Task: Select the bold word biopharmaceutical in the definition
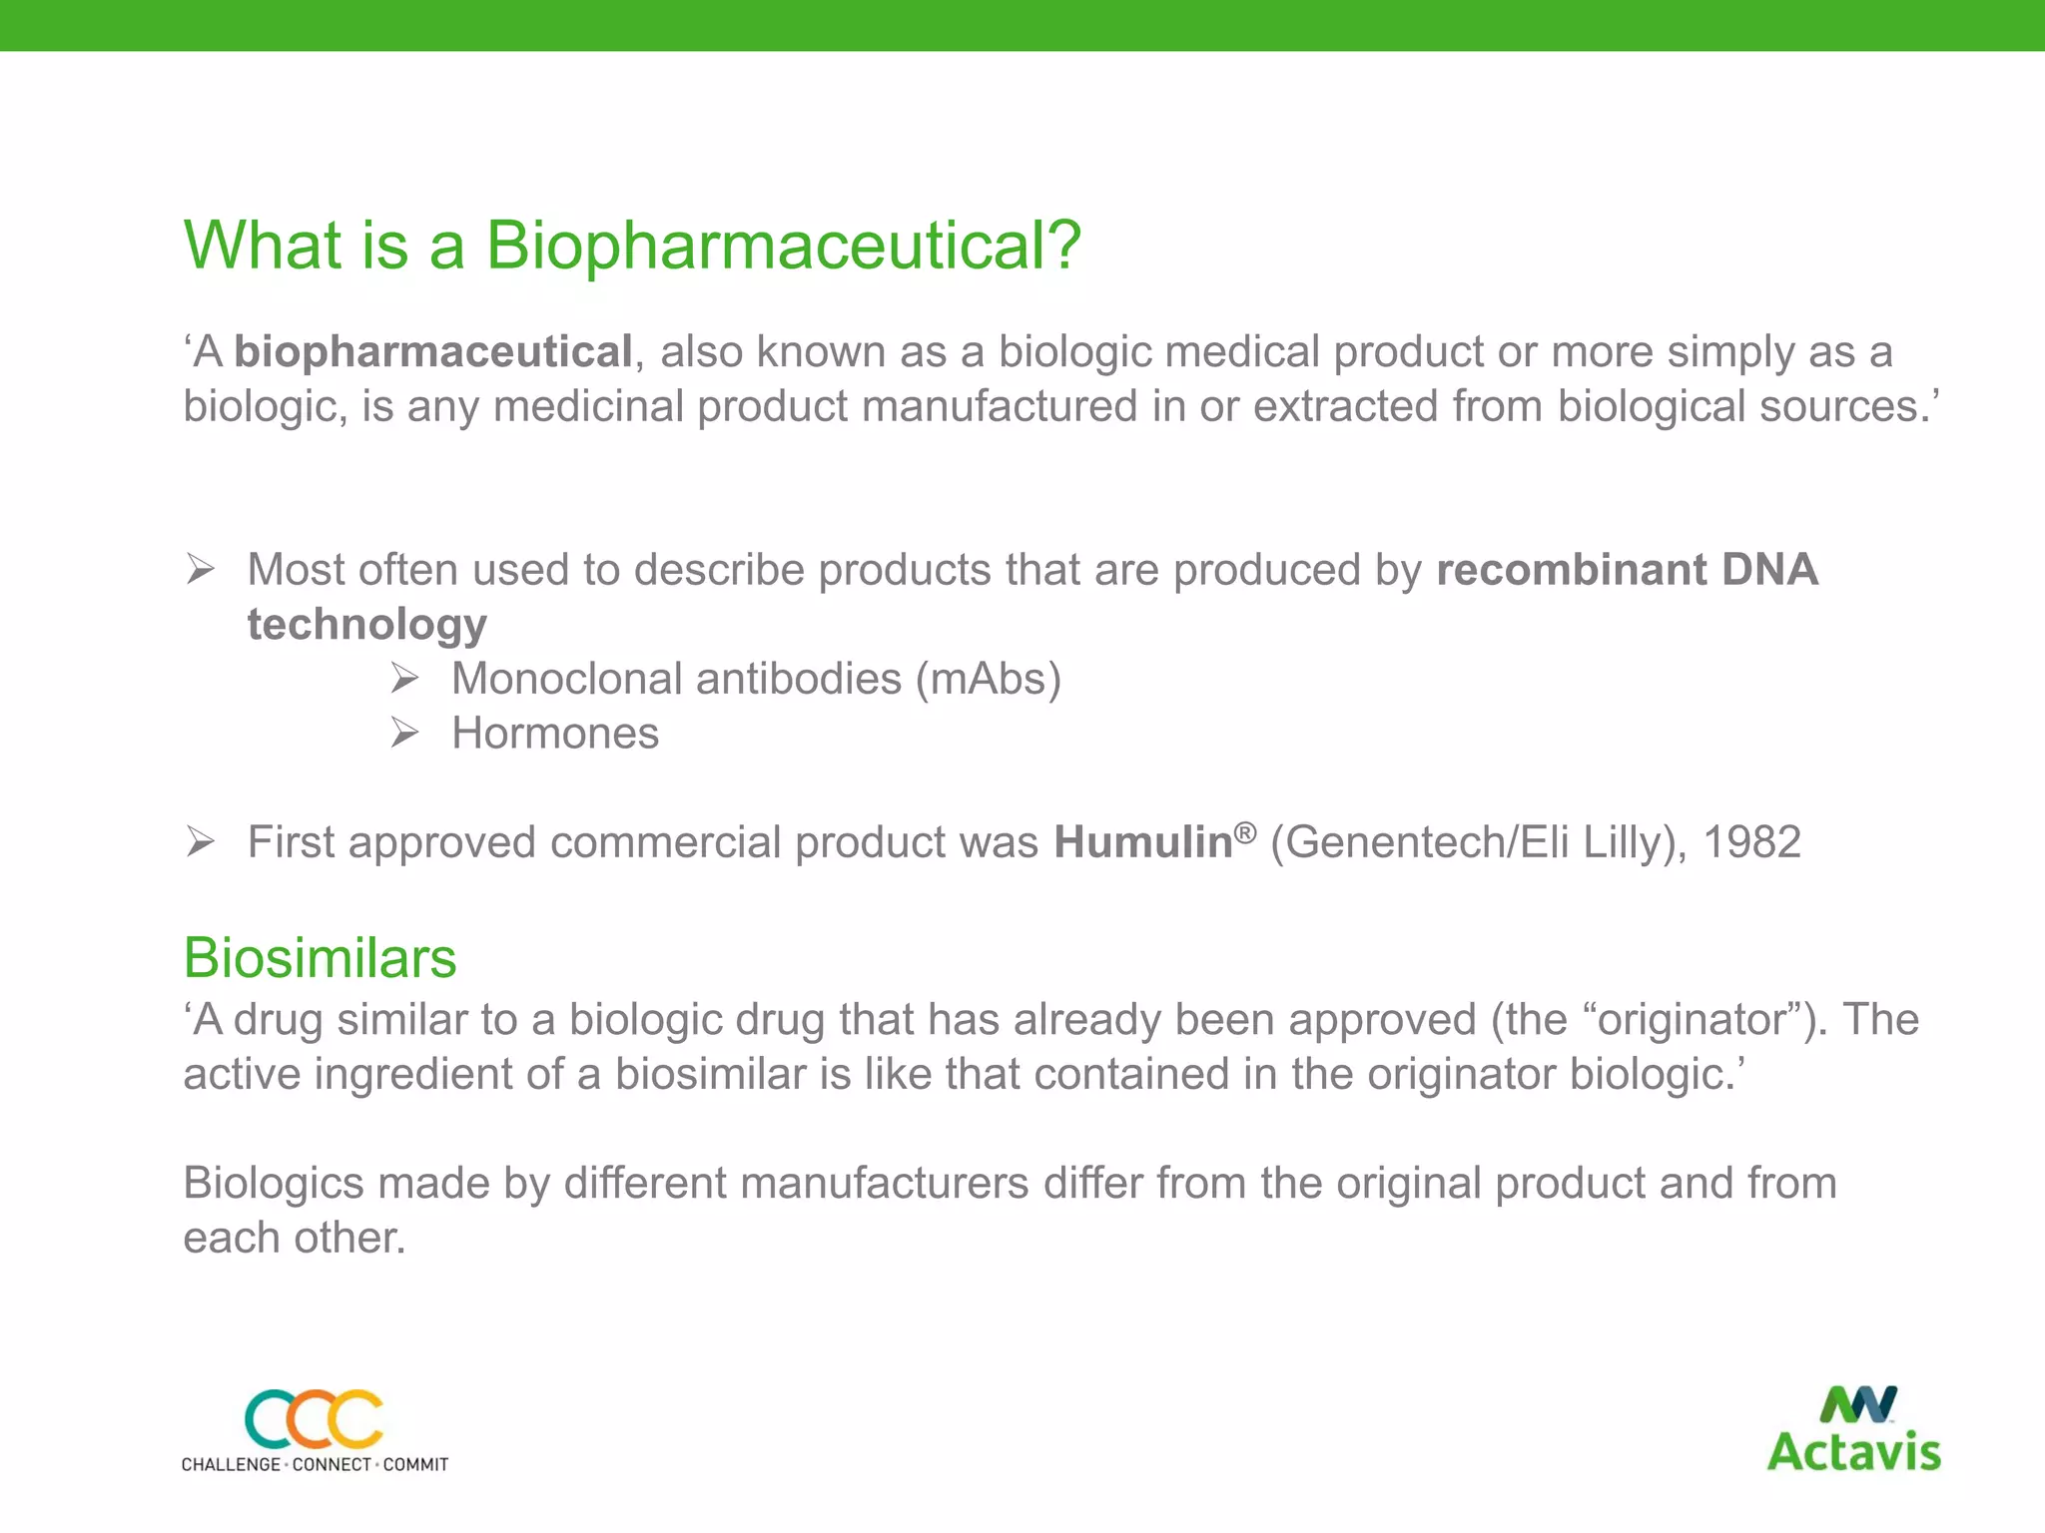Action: (x=432, y=352)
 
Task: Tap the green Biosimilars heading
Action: (x=320, y=958)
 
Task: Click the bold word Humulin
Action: (x=1142, y=843)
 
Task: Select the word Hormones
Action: (x=555, y=734)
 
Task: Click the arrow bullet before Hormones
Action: (x=403, y=734)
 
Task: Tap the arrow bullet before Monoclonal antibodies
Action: (x=403, y=680)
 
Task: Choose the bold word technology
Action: (x=366, y=625)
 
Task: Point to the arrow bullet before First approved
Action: (x=200, y=843)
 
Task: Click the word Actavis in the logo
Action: (x=1853, y=1452)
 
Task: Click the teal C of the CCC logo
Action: (x=268, y=1419)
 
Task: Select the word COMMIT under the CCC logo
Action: (x=415, y=1464)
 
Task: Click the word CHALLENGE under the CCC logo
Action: (x=231, y=1464)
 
